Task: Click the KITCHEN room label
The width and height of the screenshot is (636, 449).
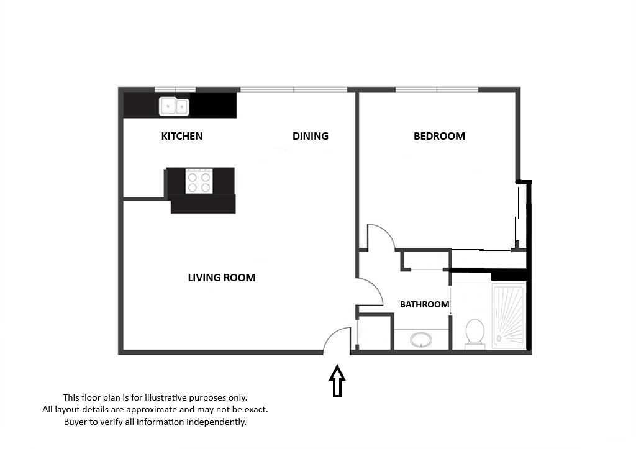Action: click(182, 136)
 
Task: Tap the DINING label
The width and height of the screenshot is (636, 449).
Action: click(311, 136)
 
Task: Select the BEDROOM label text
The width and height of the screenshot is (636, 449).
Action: click(439, 136)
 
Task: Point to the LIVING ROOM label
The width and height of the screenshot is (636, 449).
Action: click(222, 278)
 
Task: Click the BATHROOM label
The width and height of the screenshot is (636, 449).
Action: click(424, 304)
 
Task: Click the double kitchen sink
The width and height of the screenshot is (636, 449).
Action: click(174, 106)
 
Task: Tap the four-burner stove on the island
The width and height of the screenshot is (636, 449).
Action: click(199, 181)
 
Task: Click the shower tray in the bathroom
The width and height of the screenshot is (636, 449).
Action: click(509, 316)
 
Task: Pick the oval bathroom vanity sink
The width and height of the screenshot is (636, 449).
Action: click(421, 340)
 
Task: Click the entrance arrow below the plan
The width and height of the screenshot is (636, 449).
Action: click(337, 381)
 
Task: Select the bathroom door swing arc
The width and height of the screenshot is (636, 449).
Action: click(377, 286)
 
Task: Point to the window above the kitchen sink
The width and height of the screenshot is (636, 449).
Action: click(175, 89)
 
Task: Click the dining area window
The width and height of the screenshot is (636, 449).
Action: click(294, 89)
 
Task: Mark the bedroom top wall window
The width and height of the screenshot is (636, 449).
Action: click(437, 89)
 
